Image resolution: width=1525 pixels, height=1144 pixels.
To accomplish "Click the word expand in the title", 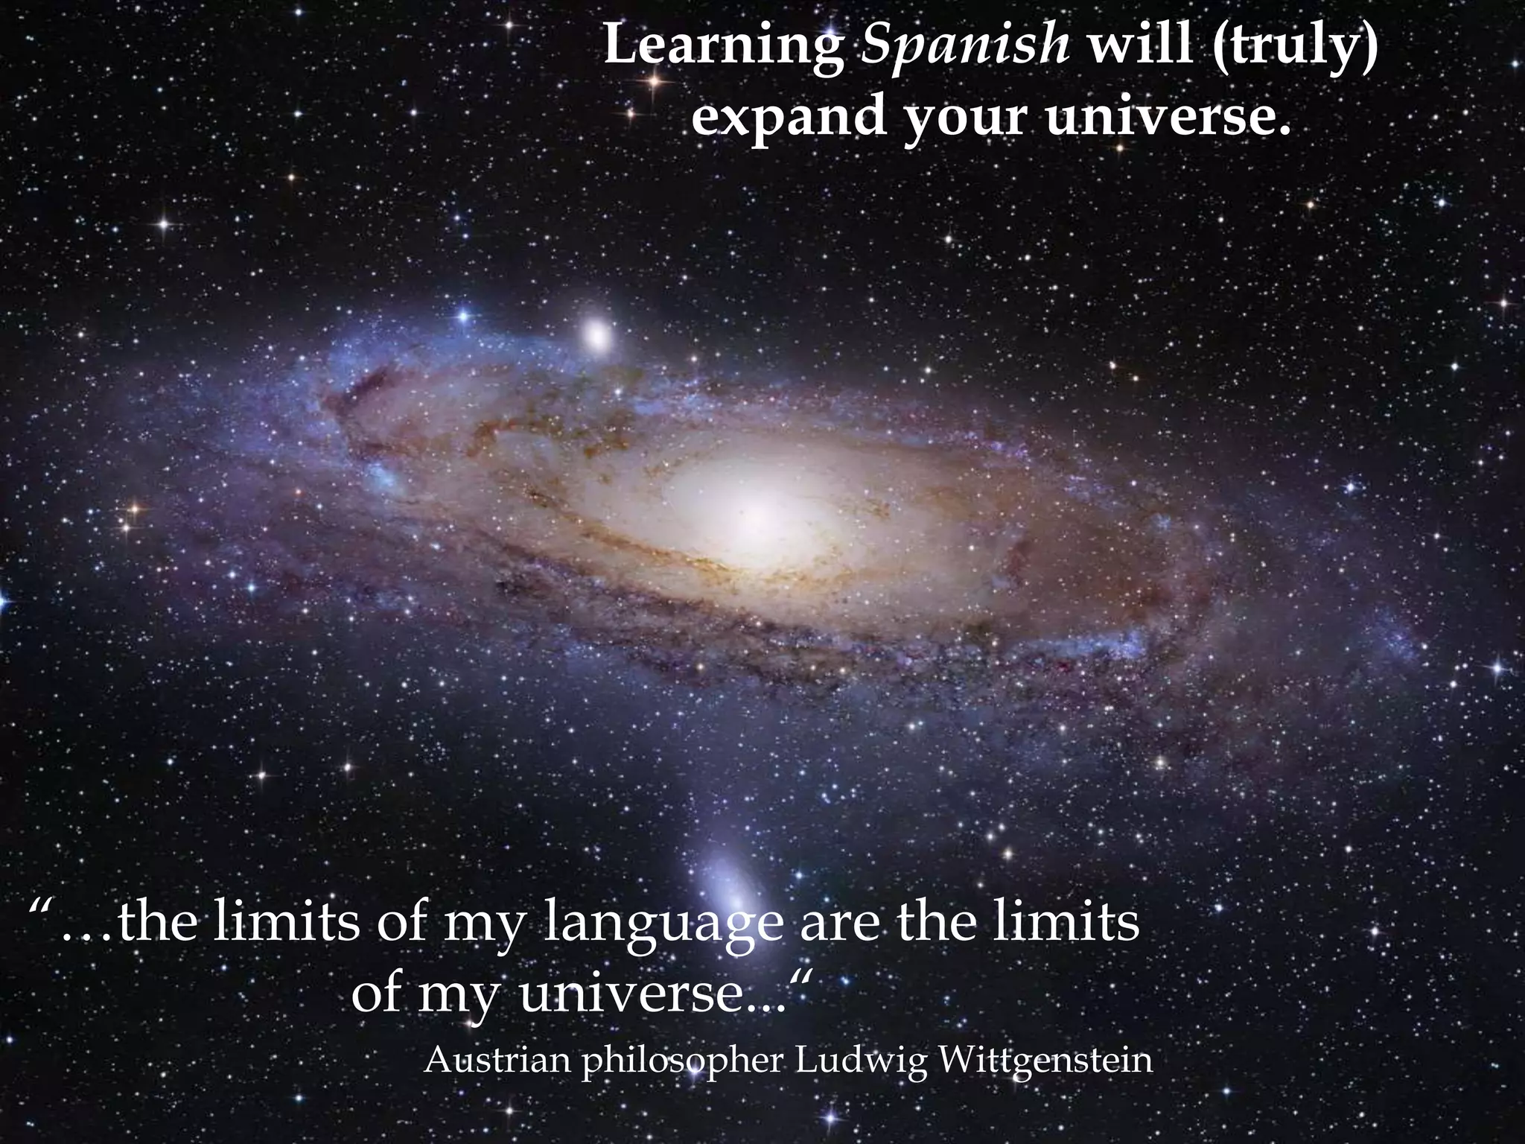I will coord(789,118).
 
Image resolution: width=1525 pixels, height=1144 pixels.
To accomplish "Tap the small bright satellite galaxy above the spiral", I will coord(596,337).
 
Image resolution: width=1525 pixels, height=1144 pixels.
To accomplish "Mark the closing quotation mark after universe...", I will coord(799,980).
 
